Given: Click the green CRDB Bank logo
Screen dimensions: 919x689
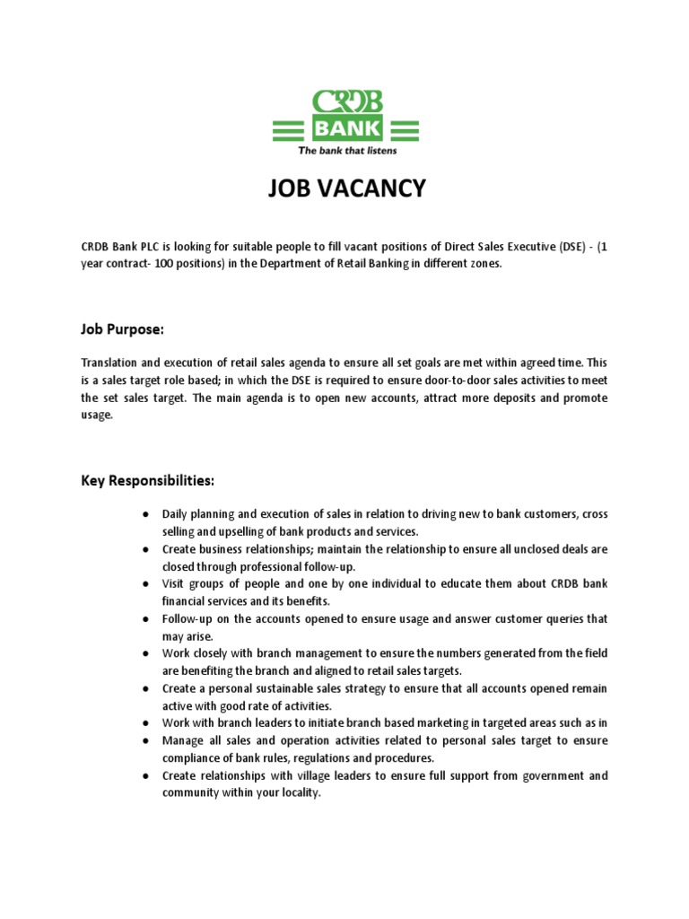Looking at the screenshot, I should tap(345, 116).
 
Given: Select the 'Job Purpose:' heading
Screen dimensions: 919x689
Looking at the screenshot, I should tap(122, 329).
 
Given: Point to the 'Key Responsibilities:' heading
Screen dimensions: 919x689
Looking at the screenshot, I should tap(147, 481).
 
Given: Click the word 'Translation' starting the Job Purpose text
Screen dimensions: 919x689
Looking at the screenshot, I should tap(113, 362).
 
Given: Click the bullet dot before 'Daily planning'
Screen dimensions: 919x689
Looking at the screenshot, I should tap(145, 514).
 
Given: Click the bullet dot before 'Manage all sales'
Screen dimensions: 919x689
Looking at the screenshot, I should tap(145, 741).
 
